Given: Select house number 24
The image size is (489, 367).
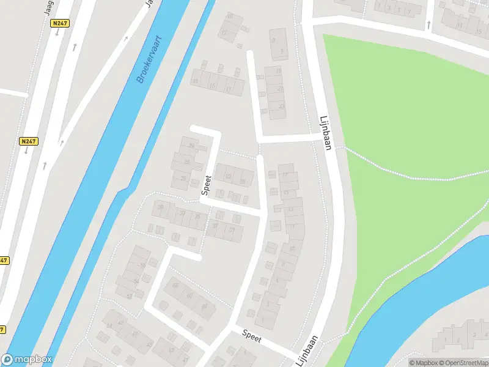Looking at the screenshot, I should point(191,146).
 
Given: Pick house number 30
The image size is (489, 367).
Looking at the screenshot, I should point(161,207).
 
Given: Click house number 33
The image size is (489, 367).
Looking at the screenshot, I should point(182,212).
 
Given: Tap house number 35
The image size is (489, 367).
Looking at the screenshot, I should point(197,217).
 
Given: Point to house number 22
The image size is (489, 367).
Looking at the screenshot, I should point(228,177).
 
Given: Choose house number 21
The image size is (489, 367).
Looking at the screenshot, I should point(281,89).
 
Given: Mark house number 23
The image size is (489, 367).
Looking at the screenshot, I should point(281,106).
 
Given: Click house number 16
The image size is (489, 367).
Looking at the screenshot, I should point(212,86).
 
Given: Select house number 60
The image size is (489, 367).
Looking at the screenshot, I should point(189,296).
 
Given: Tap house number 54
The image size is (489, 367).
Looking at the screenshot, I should point(136,281).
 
